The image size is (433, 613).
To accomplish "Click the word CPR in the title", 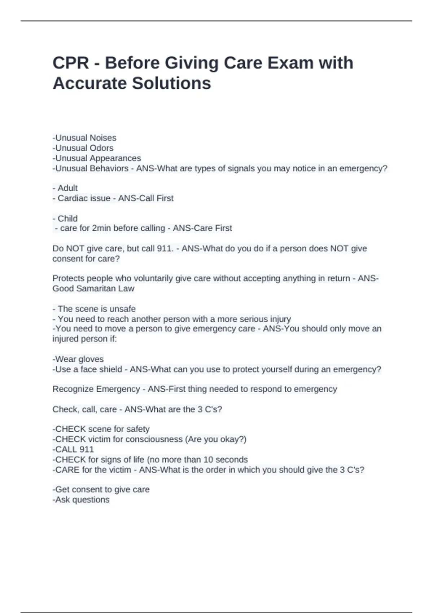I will coord(71,63).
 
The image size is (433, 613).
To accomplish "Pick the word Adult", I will coord(67,188).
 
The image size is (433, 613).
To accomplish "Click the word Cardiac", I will coord(71,198).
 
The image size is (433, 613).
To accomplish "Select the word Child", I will coord(67,219).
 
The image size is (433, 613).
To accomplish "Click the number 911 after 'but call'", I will coord(165,248).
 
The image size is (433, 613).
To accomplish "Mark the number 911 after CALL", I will coord(87,449).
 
